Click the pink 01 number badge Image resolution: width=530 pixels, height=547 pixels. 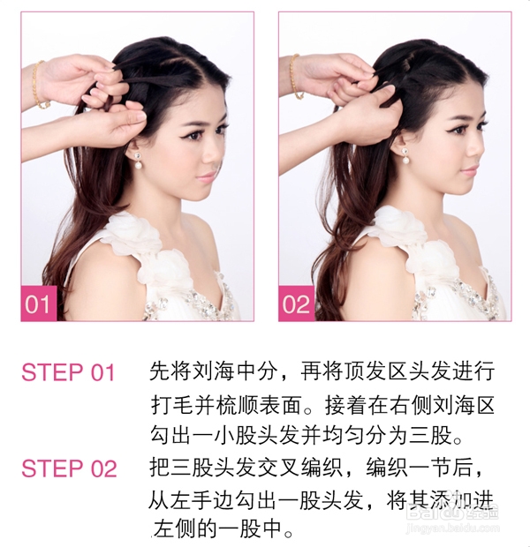(38, 305)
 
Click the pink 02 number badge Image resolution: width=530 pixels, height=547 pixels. (296, 305)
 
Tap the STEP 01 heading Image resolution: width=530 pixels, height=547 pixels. (68, 372)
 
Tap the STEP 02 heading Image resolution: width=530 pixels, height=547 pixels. (68, 468)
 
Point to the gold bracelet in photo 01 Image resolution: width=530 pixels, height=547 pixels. (37, 85)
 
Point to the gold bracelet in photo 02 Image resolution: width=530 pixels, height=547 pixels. (294, 78)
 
